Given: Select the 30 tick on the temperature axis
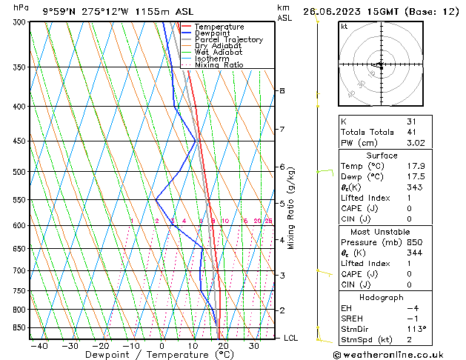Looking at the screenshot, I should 253,346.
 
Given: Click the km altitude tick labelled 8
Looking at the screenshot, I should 282,90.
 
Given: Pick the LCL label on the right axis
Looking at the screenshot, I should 292,338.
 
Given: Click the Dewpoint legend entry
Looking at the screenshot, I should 214,33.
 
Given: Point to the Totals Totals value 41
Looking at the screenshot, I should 412,132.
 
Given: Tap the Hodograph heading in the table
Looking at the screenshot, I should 382,297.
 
